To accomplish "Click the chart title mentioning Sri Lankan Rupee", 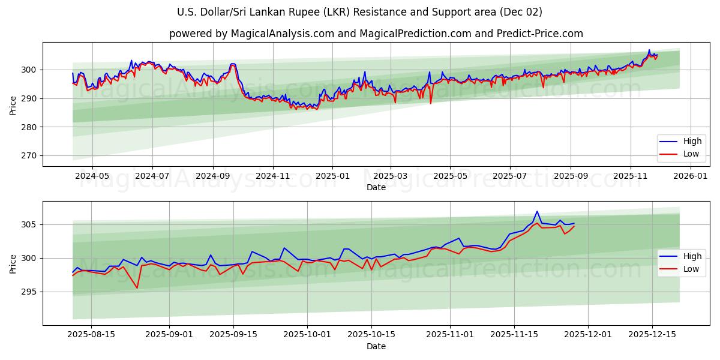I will coord(359,12).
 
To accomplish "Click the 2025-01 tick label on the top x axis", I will coord(332,176).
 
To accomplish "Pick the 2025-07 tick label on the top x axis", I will coord(509,176).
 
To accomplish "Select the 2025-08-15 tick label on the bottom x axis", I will coord(91,335).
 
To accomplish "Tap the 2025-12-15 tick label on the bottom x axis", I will coord(652,335).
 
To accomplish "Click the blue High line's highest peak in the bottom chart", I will coord(537,211).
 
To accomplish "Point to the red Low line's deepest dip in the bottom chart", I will coord(137,288).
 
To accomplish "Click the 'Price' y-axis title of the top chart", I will coord(13,105).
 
